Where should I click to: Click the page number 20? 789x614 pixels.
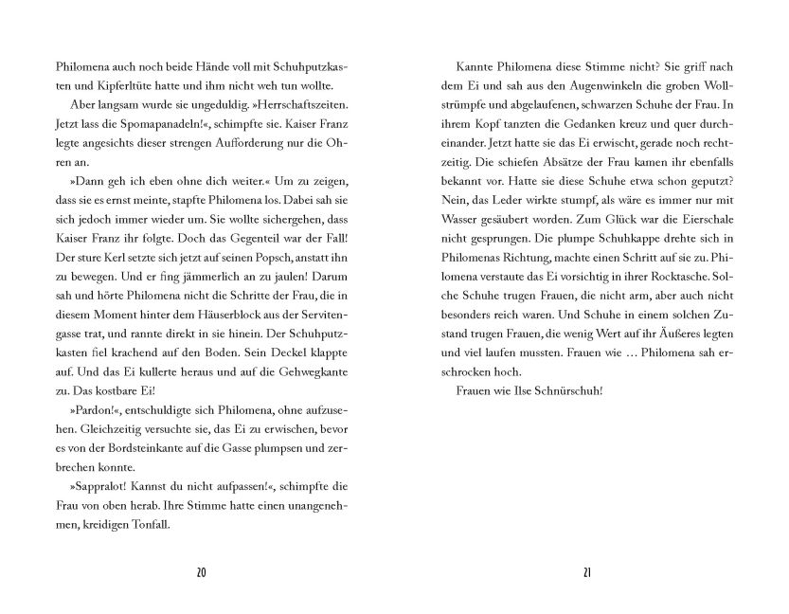tap(200, 572)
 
